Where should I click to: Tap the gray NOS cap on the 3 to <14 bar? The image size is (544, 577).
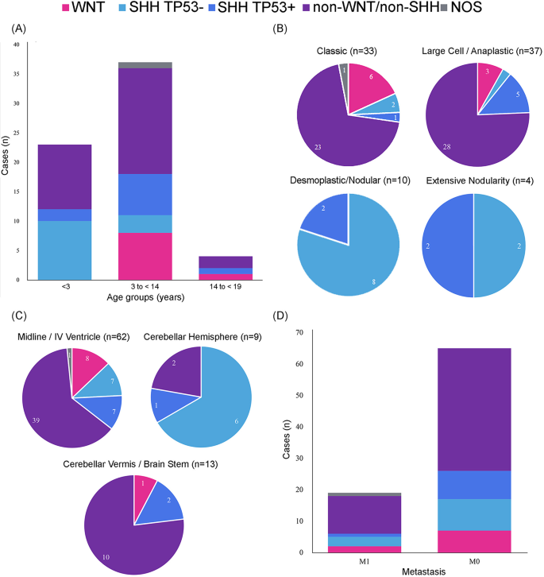144,65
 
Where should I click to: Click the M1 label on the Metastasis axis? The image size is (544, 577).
365,563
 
